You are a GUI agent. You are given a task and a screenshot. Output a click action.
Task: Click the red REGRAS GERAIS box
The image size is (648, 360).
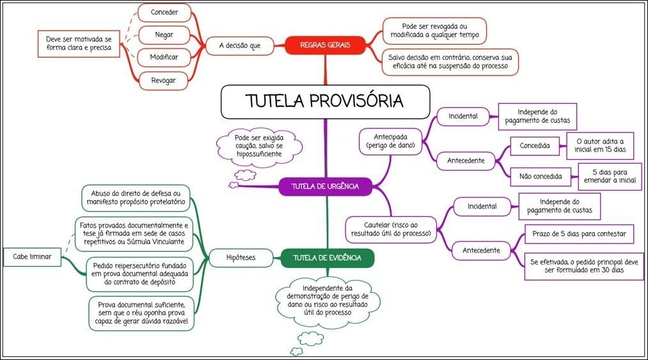[324, 45]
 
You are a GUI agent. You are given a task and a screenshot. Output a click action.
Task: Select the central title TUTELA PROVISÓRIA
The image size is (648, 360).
[325, 102]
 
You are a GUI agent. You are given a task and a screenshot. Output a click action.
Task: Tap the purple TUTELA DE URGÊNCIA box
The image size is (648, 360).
[324, 187]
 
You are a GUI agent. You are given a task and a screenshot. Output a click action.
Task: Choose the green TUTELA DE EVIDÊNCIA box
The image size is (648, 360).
[328, 258]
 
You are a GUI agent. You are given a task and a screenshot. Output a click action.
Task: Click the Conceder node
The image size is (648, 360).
[164, 12]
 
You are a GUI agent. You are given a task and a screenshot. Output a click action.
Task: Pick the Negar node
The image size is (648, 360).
[164, 34]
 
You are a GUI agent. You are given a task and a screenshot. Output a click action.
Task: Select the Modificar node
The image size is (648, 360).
[164, 57]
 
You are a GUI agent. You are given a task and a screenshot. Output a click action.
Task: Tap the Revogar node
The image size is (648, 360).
[164, 80]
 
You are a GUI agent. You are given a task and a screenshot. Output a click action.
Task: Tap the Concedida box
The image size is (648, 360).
[535, 146]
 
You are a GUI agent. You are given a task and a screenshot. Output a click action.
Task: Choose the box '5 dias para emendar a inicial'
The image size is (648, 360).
[610, 176]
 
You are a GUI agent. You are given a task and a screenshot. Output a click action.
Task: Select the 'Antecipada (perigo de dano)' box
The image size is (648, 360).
[390, 141]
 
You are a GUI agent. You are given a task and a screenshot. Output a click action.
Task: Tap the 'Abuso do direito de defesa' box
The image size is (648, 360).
[136, 198]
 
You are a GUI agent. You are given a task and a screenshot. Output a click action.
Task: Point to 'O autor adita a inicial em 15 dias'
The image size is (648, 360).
[600, 146]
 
